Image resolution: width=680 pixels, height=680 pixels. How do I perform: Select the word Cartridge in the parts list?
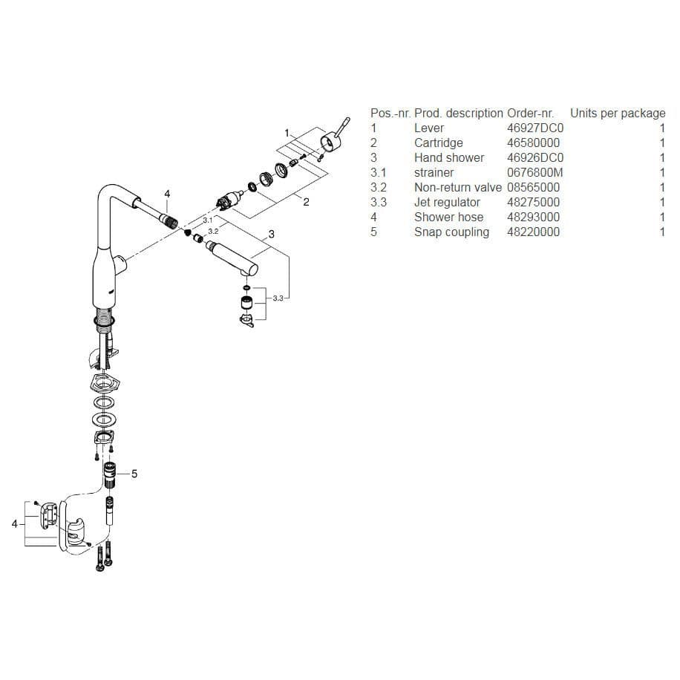point(438,143)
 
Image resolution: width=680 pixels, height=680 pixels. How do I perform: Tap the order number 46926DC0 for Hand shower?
point(535,157)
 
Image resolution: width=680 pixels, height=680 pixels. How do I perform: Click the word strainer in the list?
point(434,172)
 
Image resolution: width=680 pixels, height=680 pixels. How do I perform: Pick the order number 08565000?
point(534,187)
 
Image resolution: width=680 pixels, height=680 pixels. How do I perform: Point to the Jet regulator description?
point(447,202)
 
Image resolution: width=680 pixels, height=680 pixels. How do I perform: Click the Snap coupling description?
point(451,232)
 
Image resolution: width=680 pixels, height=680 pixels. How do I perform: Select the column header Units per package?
point(618,113)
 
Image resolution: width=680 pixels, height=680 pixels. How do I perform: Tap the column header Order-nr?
point(530,113)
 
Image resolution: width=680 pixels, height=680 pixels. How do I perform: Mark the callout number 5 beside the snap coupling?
point(134,473)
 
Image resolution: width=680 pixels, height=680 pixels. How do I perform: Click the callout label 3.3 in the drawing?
point(278,298)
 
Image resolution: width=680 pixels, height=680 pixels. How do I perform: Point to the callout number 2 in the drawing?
point(306,203)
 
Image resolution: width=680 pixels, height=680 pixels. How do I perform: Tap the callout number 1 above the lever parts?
point(287,132)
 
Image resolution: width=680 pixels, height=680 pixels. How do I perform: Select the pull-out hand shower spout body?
point(230,258)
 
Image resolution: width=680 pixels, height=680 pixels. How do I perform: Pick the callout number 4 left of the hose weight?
point(14,524)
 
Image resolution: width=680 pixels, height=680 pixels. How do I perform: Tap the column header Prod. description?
point(458,113)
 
